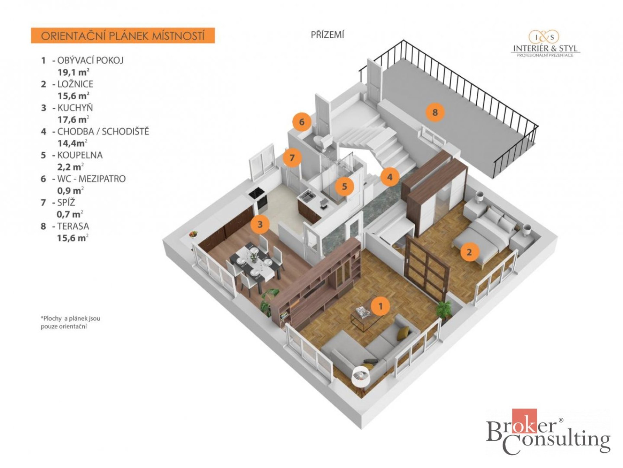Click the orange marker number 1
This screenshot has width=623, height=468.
coord(380,306)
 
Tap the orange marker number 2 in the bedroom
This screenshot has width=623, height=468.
coord(469,252)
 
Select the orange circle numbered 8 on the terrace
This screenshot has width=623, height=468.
coord(435,112)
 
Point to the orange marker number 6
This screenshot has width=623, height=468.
coord(302,122)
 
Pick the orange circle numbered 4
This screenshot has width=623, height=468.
coord(390,177)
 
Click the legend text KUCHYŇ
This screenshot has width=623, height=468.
coord(75,108)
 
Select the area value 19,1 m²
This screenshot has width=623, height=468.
coord(74,72)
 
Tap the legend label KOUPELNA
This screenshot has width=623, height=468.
coord(80,155)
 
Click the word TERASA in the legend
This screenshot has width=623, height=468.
coord(73,226)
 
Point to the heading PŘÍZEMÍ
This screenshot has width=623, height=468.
coord(327,35)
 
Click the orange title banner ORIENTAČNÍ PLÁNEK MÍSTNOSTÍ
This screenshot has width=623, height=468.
coord(123,36)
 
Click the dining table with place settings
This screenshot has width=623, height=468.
coord(253,260)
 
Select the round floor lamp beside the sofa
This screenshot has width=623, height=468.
coord(361,377)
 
